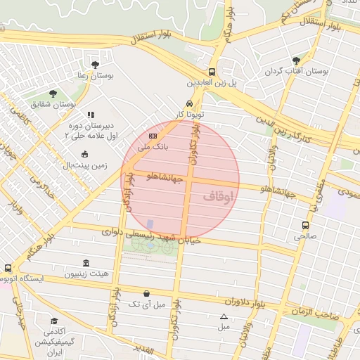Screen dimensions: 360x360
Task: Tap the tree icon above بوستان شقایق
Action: (53, 93)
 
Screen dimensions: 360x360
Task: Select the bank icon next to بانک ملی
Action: (153, 136)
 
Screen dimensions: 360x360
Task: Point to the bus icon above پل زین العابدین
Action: (212, 72)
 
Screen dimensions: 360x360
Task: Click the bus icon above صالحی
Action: (305, 226)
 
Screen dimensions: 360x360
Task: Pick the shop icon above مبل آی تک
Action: (146, 293)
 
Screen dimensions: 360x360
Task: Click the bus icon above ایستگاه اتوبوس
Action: (8, 268)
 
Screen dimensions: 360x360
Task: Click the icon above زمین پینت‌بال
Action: (85, 154)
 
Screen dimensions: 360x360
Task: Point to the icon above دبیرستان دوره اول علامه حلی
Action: (90, 115)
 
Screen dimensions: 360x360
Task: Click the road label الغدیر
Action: (142, 347)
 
